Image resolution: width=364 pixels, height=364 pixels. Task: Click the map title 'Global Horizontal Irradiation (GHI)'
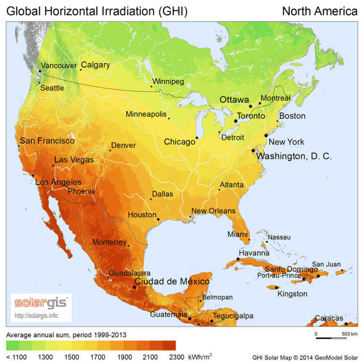tap(97, 11)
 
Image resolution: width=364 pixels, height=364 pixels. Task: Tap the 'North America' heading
tap(319, 11)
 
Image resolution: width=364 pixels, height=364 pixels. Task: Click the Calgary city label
tap(95, 65)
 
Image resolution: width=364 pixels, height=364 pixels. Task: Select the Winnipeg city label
tap(168, 82)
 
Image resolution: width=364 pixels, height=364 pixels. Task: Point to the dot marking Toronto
tap(235, 120)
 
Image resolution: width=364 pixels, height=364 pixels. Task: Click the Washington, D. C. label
tap(294, 156)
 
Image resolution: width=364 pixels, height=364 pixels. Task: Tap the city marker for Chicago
tap(197, 138)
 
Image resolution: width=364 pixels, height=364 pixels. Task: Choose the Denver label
tap(123, 145)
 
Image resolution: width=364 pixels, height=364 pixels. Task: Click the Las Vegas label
tap(74, 160)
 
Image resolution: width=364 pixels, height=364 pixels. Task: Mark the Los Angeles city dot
tap(33, 175)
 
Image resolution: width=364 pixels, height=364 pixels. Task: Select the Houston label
tap(142, 215)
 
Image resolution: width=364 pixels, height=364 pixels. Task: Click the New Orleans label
tap(213, 211)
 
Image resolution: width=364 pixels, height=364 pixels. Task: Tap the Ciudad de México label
tap(172, 281)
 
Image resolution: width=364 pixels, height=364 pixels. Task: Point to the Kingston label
tap(292, 294)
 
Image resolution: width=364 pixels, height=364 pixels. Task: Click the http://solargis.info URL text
tap(36, 315)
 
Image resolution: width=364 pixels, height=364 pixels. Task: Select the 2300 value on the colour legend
tap(169, 357)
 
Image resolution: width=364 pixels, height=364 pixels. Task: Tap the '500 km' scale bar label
tap(349, 334)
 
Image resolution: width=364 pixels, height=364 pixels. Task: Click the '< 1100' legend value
tap(17, 357)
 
